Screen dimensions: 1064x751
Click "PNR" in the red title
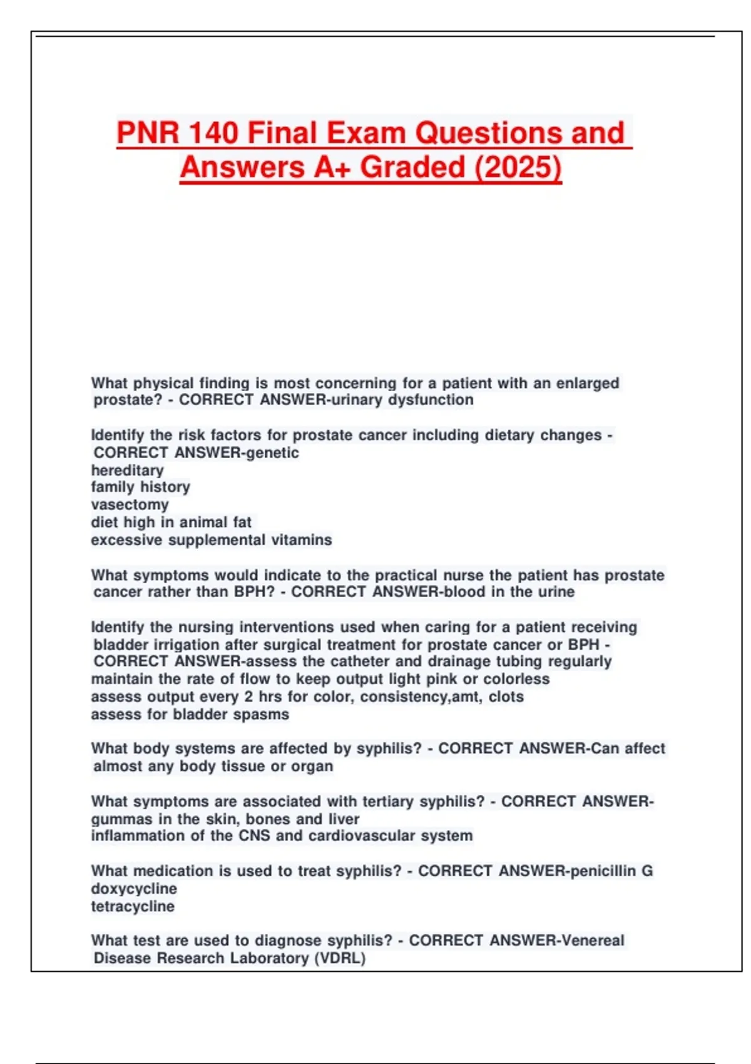click(147, 133)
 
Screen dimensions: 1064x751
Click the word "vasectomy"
click(130, 504)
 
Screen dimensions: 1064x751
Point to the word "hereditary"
click(127, 470)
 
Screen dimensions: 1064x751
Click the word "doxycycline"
click(134, 889)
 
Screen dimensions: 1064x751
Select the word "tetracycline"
click(133, 906)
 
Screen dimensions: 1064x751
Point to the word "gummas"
click(121, 819)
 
